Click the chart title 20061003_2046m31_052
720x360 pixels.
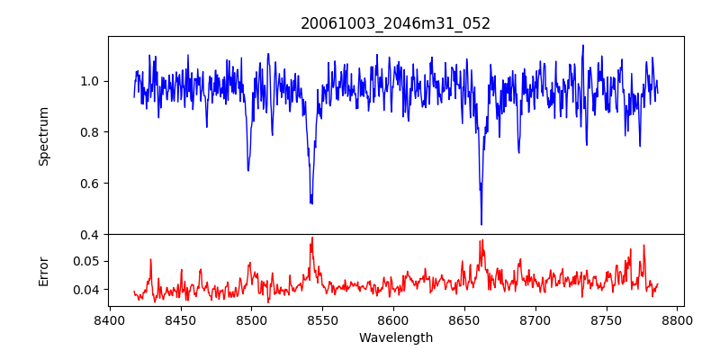point(395,23)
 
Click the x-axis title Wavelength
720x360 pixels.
point(395,338)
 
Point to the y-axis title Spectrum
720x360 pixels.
point(43,136)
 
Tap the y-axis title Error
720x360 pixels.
point(43,271)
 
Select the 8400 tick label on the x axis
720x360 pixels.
point(109,319)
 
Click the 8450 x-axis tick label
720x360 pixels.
point(180,319)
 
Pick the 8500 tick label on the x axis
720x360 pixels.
point(251,319)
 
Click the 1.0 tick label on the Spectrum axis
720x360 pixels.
point(88,81)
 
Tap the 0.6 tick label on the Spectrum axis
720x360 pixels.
point(88,184)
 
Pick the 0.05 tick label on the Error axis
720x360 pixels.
point(85,261)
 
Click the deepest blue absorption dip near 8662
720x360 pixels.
point(481,224)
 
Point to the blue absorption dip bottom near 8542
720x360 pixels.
point(311,202)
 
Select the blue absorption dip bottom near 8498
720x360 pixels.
point(248,170)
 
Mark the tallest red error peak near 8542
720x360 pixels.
point(312,238)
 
